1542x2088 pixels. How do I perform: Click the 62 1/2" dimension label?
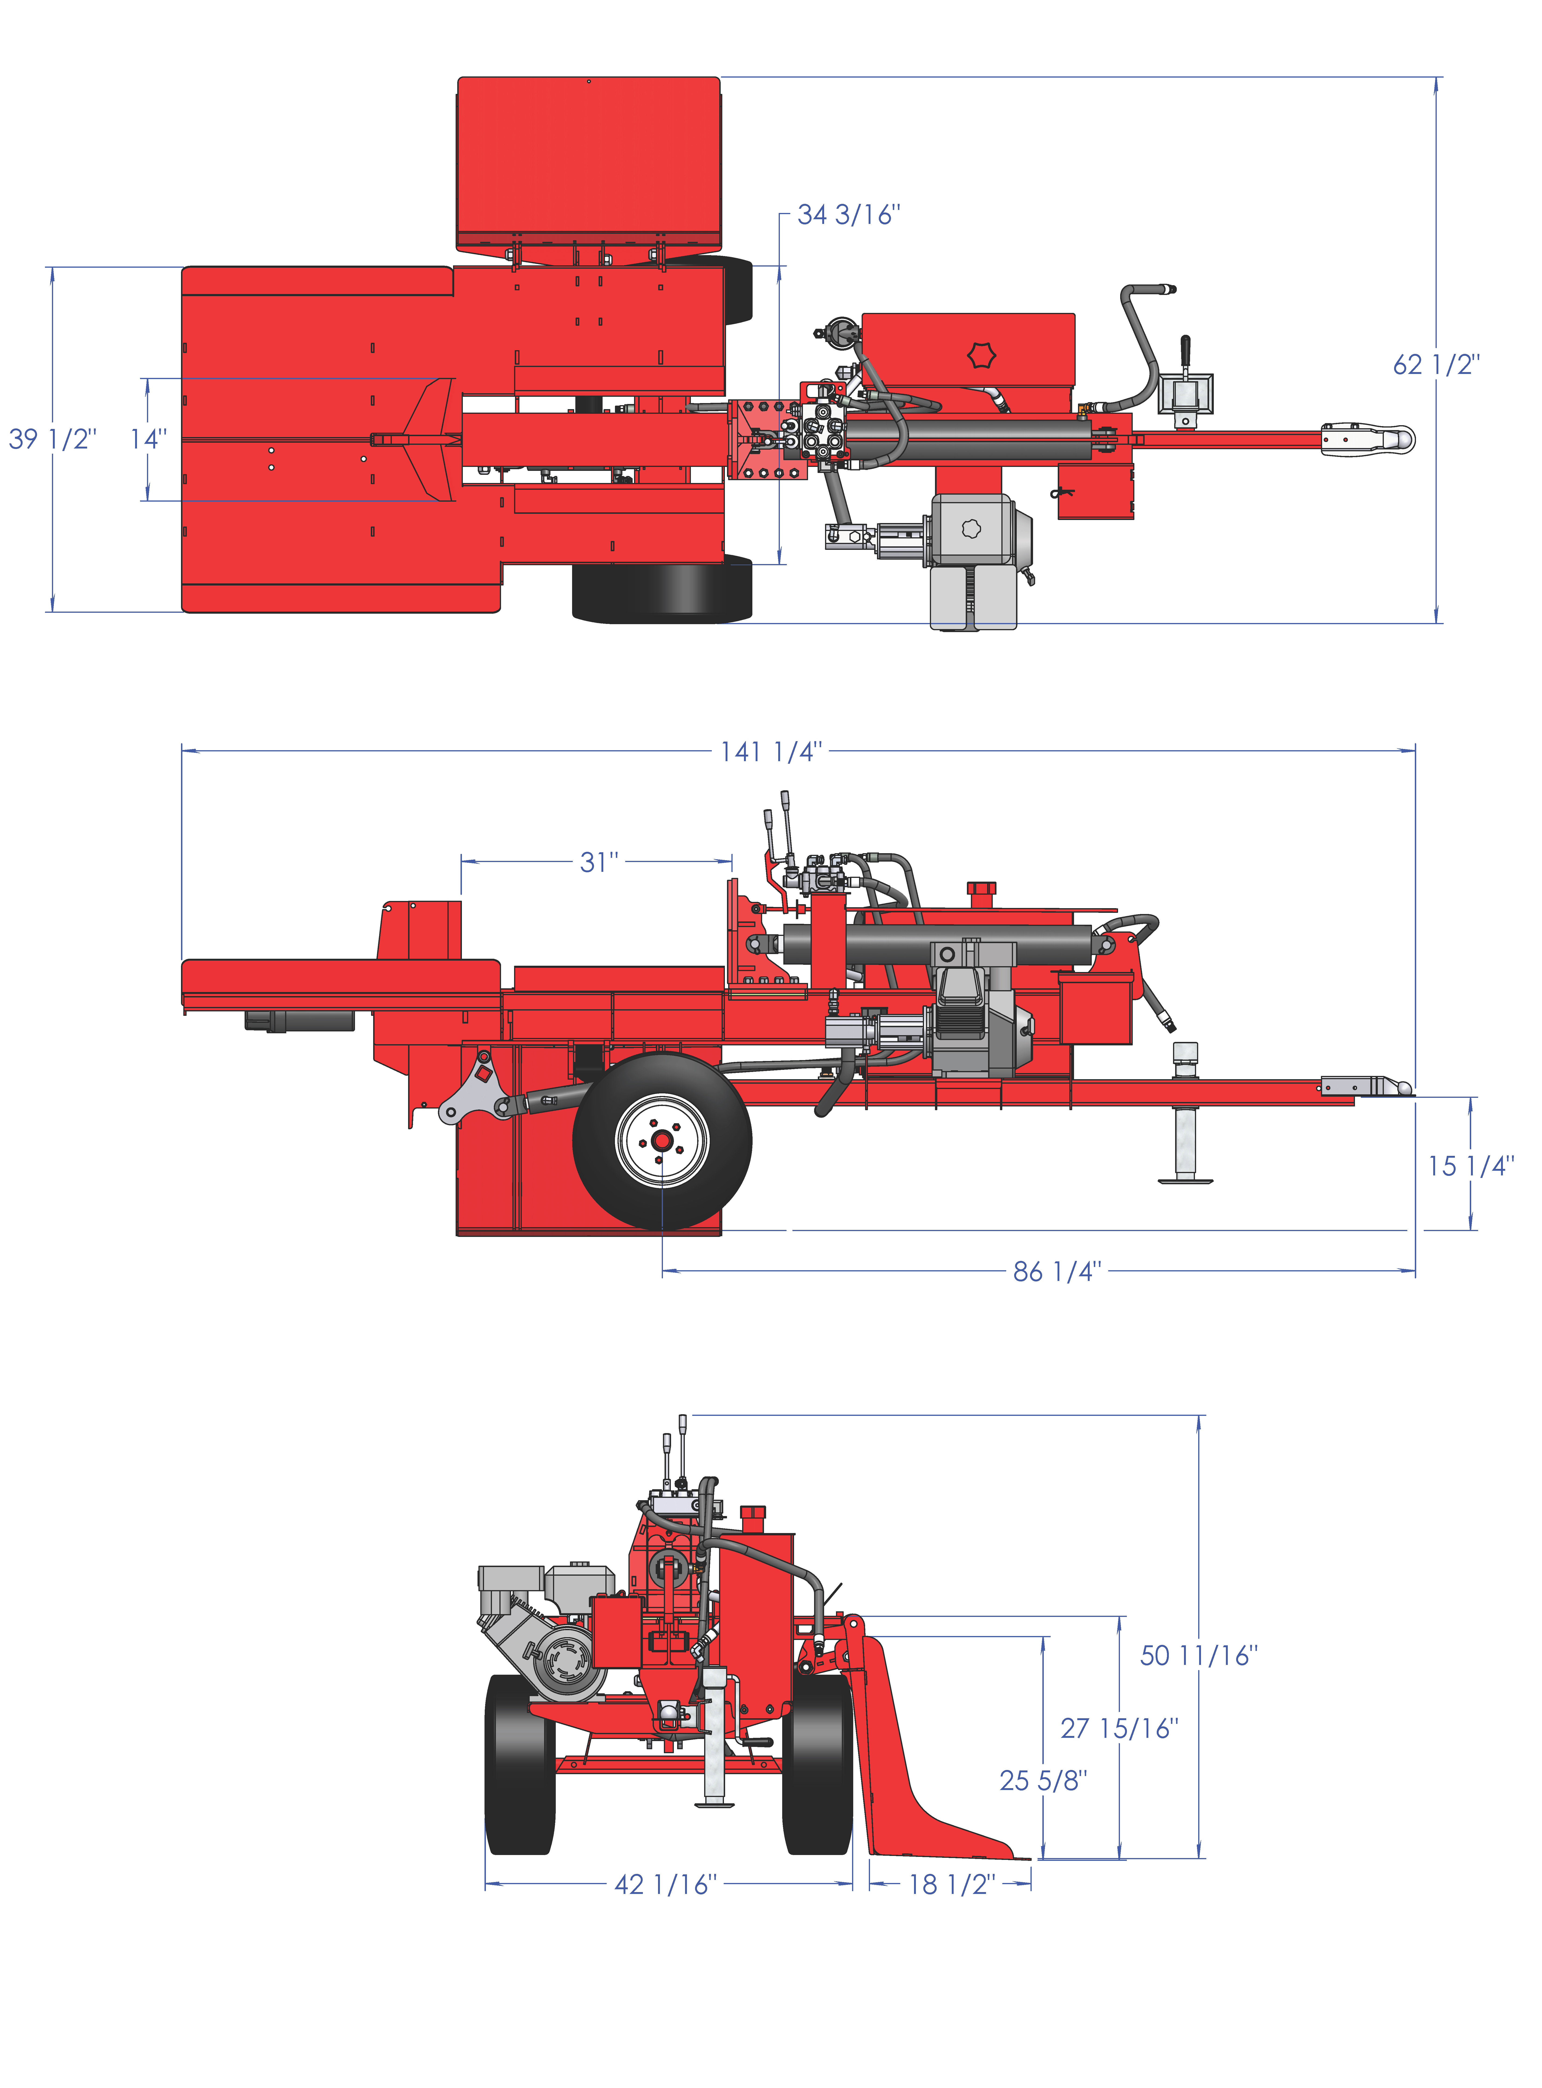point(1436,365)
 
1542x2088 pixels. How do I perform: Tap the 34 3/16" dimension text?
point(849,216)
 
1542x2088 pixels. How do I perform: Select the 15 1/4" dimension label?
point(1470,1166)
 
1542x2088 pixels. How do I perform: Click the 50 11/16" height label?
point(1198,1656)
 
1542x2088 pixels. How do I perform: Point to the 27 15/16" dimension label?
point(1119,1729)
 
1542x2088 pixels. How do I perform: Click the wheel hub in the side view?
point(662,1141)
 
